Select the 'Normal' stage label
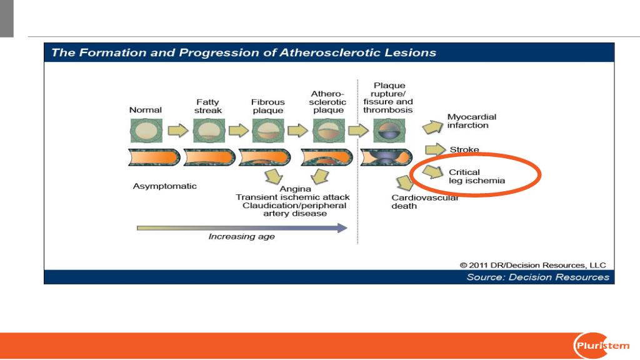coord(145,110)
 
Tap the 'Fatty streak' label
coord(207,106)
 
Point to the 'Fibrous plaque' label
coord(267,106)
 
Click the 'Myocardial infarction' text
coord(471,121)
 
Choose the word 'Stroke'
coord(464,149)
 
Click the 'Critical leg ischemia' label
coord(477,176)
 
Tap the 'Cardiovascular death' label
coord(424,202)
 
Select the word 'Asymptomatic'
coord(164,186)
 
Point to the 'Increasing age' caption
coord(241,236)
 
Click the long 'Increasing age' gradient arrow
coord(242,227)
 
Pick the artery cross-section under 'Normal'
coord(146,131)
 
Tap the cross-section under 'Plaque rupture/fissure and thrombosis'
coord(389,131)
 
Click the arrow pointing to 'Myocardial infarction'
coord(432,127)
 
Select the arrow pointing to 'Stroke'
coord(435,149)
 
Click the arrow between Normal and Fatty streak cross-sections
coord(178,131)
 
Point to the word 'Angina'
coord(295,189)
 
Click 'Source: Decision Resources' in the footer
coord(537,277)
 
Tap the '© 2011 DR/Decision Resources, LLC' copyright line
coord(532,265)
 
